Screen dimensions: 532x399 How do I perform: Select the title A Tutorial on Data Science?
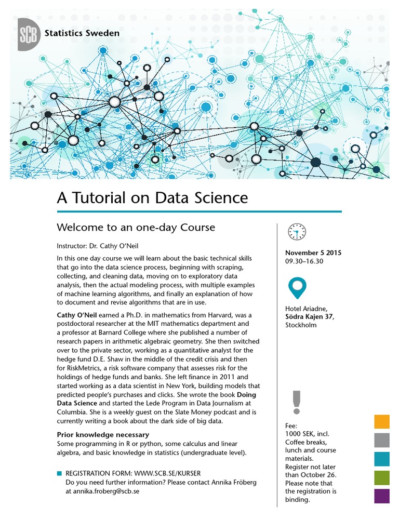152,198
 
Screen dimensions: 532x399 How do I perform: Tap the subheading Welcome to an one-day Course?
135,228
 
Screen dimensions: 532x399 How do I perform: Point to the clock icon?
297,231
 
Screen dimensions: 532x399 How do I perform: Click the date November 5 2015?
313,253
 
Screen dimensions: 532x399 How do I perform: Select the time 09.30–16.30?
304,261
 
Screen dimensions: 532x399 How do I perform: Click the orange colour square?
382,422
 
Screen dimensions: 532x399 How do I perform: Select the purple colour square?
382,496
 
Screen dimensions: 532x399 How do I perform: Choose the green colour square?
382,477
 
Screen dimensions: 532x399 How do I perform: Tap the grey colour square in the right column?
382,440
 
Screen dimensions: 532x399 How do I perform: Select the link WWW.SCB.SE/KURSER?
167,474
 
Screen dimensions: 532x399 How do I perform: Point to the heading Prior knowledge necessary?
102,434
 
